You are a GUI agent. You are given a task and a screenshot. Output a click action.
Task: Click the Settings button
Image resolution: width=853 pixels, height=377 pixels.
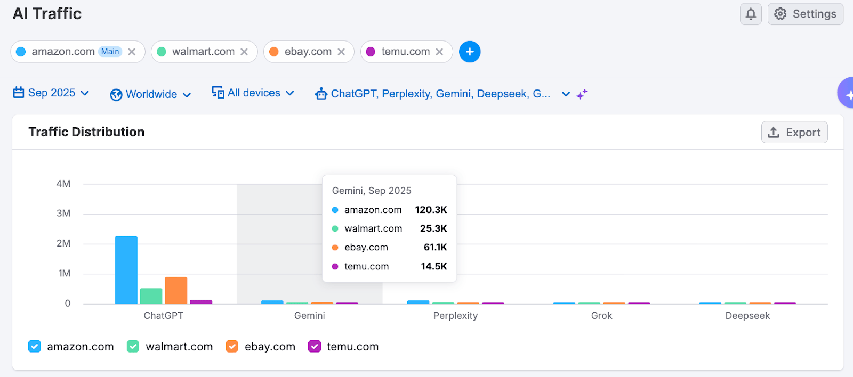(805, 14)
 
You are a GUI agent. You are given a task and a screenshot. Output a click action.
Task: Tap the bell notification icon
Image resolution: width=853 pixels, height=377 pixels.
(751, 14)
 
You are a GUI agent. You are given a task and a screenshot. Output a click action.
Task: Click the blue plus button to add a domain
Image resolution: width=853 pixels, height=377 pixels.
(470, 52)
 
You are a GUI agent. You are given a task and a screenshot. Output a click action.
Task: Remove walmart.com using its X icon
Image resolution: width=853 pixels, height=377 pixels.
(244, 52)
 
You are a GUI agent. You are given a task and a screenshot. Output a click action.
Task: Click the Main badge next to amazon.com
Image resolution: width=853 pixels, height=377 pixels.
(110, 52)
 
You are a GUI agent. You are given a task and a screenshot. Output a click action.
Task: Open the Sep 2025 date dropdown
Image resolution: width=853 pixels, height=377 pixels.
(51, 93)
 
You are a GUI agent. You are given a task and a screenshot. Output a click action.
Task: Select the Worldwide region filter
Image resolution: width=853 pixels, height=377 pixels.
(151, 94)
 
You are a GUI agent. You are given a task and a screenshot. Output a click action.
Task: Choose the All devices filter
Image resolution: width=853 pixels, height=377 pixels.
(253, 93)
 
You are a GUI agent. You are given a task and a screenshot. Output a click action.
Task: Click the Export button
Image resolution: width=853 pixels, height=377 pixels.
(794, 133)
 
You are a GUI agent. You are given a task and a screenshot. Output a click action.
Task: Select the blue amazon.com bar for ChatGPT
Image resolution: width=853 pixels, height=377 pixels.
(126, 270)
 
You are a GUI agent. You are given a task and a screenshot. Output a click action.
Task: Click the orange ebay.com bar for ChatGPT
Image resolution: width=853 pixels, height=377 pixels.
(176, 290)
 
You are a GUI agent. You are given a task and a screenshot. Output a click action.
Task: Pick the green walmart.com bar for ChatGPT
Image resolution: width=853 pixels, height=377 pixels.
(151, 296)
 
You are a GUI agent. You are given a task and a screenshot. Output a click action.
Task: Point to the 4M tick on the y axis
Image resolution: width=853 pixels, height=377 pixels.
(63, 184)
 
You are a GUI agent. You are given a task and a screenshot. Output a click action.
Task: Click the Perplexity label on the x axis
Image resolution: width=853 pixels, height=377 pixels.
(455, 316)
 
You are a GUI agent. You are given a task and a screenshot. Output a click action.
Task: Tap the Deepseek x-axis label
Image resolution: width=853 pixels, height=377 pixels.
(747, 316)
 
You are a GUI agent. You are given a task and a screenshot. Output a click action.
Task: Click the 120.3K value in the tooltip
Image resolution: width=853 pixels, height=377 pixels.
(431, 210)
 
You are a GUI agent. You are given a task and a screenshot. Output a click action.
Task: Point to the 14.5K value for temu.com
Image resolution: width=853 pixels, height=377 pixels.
(433, 266)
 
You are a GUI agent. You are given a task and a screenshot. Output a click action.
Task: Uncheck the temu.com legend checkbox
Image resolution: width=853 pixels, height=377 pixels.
(315, 347)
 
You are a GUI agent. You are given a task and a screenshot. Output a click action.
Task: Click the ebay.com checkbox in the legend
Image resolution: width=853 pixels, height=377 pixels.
(232, 347)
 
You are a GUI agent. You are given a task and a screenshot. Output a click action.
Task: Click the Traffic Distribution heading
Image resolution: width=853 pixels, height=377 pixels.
(86, 132)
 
